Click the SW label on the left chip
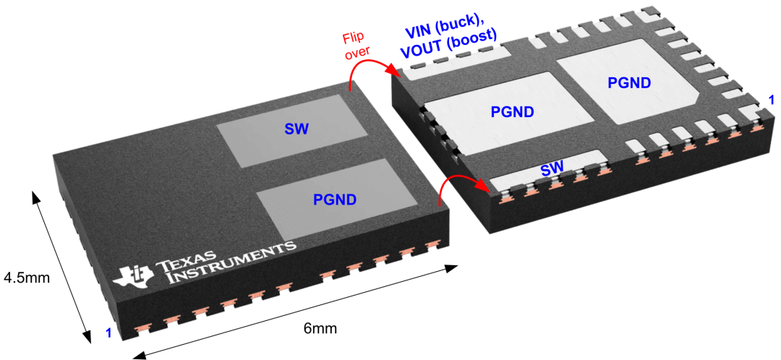297,129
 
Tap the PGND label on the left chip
335,200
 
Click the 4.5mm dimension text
27,277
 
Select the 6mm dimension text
320,328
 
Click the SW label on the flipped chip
552,169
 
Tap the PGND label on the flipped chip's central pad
513,111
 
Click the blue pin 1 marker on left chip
109,333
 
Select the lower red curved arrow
459,179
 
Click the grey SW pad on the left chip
294,131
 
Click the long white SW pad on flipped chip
548,172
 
